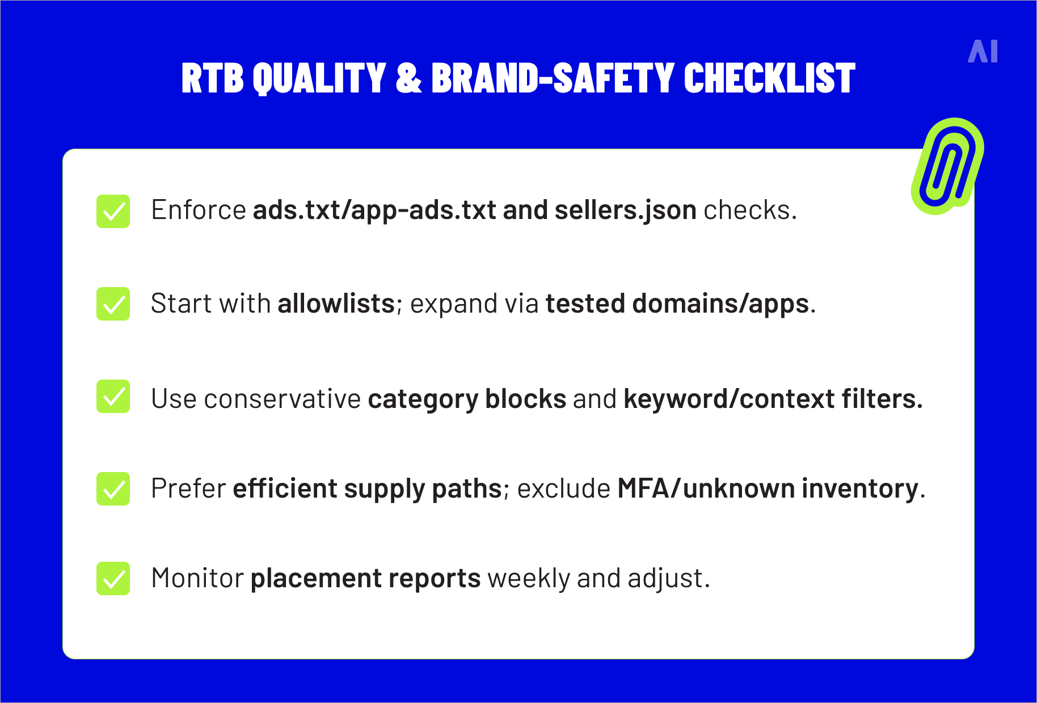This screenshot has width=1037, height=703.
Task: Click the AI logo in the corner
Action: pos(983,52)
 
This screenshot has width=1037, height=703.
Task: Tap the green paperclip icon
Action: pos(947,166)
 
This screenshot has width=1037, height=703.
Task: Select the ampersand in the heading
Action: pos(408,78)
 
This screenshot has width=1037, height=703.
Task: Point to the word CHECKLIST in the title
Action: pos(769,78)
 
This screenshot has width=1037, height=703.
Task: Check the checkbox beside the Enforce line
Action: pos(113,211)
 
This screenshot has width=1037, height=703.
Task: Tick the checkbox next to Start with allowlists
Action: pos(113,304)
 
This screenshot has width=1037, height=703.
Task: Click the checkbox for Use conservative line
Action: pos(113,397)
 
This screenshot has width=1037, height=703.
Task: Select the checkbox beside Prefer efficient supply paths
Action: pos(113,489)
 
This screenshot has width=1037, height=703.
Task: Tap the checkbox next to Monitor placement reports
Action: pos(113,578)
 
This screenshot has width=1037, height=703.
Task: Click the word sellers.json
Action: pos(625,211)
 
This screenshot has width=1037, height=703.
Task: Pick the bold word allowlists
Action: pos(336,304)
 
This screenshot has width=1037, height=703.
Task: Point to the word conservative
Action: pos(282,399)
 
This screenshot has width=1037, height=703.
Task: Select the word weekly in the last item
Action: pos(528,579)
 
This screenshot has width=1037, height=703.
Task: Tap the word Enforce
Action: pos(198,211)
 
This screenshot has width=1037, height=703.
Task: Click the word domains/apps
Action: pos(720,304)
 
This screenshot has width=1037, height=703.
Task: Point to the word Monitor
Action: pos(197,579)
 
